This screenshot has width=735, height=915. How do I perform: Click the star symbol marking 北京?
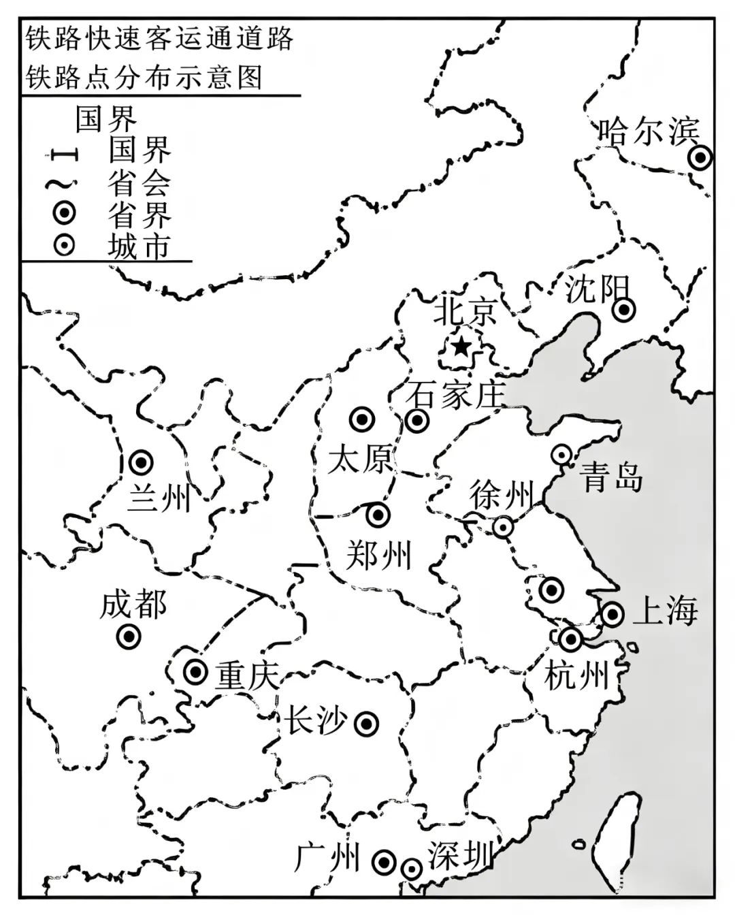tap(461, 347)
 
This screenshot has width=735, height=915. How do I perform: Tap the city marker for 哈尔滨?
tap(700, 158)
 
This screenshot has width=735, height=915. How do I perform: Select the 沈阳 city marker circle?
tap(623, 310)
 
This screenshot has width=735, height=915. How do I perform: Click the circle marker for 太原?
tap(361, 419)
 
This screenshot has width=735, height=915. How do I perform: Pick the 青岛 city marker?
tap(561, 454)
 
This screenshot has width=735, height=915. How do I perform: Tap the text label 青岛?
tap(612, 477)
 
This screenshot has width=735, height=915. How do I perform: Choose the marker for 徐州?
tap(503, 526)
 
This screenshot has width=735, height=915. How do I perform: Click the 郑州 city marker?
tap(377, 515)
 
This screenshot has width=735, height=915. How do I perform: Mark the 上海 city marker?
tap(612, 614)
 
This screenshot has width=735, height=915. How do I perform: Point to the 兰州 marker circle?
tap(141, 463)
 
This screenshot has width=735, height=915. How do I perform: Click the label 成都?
tap(133, 605)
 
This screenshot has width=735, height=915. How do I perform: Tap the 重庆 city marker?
tap(196, 672)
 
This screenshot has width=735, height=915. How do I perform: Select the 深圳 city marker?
tap(411, 869)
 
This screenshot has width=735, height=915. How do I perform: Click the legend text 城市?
tap(138, 246)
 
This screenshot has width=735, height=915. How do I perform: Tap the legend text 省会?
tap(138, 182)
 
